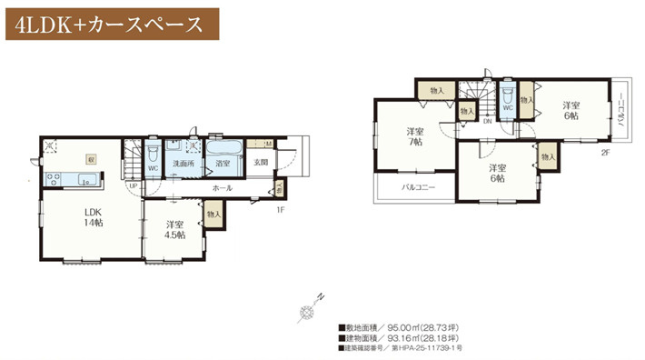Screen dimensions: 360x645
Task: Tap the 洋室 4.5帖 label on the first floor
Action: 175,228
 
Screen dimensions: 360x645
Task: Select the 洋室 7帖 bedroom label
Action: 413,137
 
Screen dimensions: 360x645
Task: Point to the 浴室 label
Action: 223,164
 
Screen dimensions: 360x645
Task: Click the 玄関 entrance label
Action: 260,164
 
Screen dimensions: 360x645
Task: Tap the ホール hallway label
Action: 221,187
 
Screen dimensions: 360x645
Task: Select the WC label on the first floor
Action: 154,167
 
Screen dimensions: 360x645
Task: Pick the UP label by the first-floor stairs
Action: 134,186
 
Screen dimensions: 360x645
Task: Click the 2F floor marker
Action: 604,153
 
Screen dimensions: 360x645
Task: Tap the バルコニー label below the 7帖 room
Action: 418,188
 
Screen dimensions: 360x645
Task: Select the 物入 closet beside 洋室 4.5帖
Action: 213,214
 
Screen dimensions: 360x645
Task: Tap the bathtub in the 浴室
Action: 223,148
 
